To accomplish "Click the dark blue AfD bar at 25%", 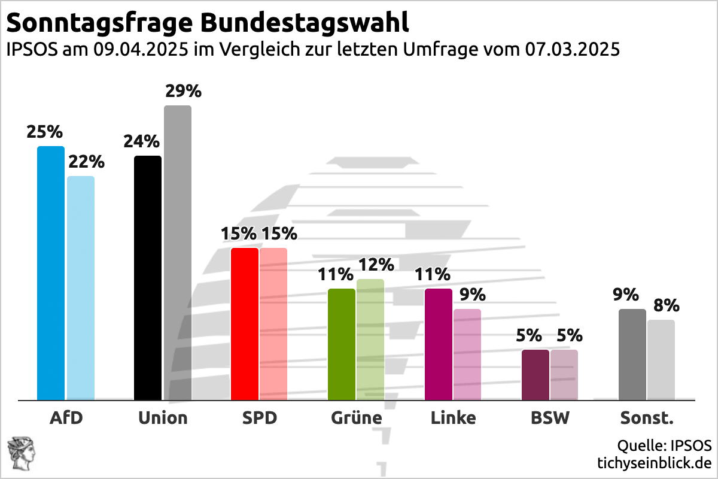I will (51, 272).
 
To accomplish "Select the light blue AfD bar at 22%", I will (80, 287).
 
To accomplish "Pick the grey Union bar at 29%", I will (178, 252).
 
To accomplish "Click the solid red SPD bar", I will (245, 323).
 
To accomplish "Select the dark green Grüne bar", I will (342, 344).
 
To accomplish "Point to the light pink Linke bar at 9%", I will (467, 354).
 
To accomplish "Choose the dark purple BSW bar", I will (536, 374).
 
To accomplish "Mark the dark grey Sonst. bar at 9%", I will (632, 354).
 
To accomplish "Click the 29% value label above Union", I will (183, 92).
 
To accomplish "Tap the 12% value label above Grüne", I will (375, 265).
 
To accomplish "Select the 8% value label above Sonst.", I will (666, 305).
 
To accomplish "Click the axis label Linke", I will (453, 418).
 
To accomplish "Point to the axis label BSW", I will (550, 418).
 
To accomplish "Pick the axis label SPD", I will (259, 418).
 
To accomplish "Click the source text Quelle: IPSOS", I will (664, 446).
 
